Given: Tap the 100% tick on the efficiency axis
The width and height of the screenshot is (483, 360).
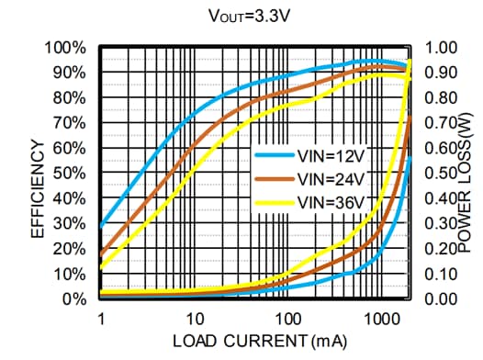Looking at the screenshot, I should pos(67,47).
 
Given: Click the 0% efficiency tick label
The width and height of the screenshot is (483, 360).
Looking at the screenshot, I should pos(74,299).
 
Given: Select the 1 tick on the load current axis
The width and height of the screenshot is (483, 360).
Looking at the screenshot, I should pos(101,319).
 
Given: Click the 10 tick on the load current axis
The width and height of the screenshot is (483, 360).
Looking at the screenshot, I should pos(194,319).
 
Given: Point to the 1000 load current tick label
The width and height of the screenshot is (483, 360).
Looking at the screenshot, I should pos(379,319).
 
